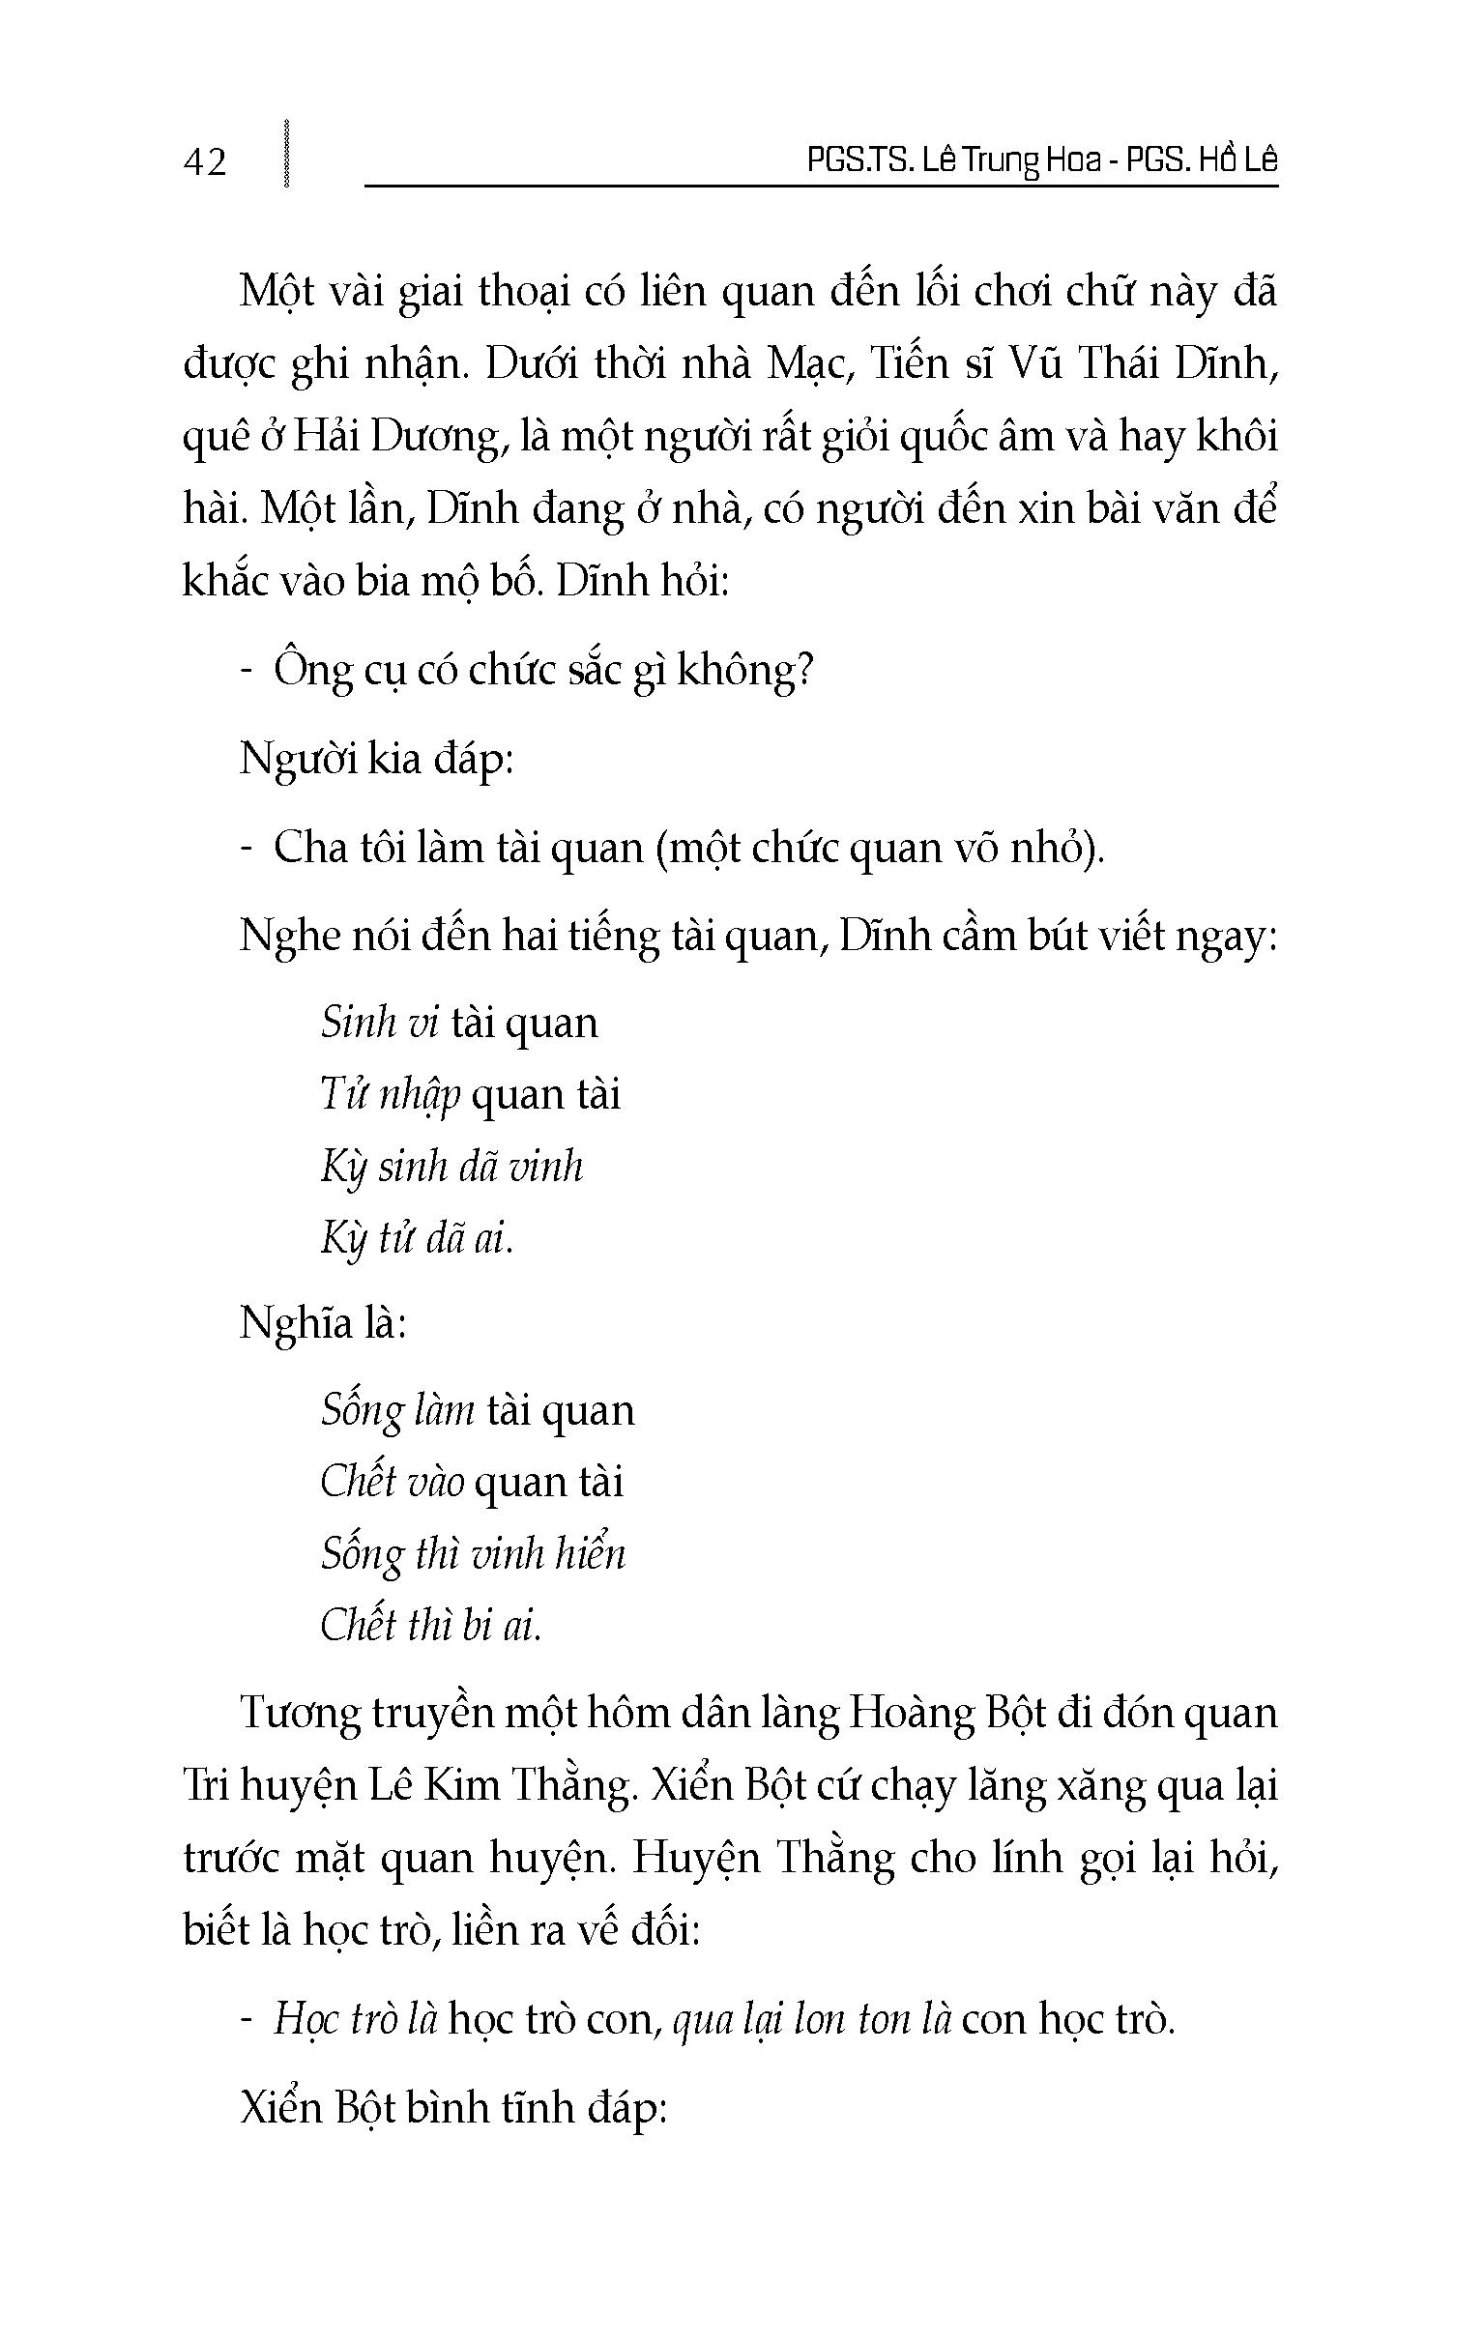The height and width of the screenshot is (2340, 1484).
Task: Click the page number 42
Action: tap(204, 161)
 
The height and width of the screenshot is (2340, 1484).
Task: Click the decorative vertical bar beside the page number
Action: tap(286, 153)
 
